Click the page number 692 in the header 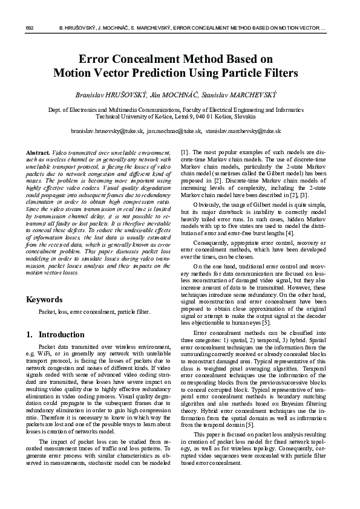[29, 28]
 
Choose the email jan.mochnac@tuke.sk [175, 131]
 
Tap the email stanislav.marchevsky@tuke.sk [243, 131]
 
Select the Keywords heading [44, 299]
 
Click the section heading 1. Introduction [56, 334]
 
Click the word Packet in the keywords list [48, 313]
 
